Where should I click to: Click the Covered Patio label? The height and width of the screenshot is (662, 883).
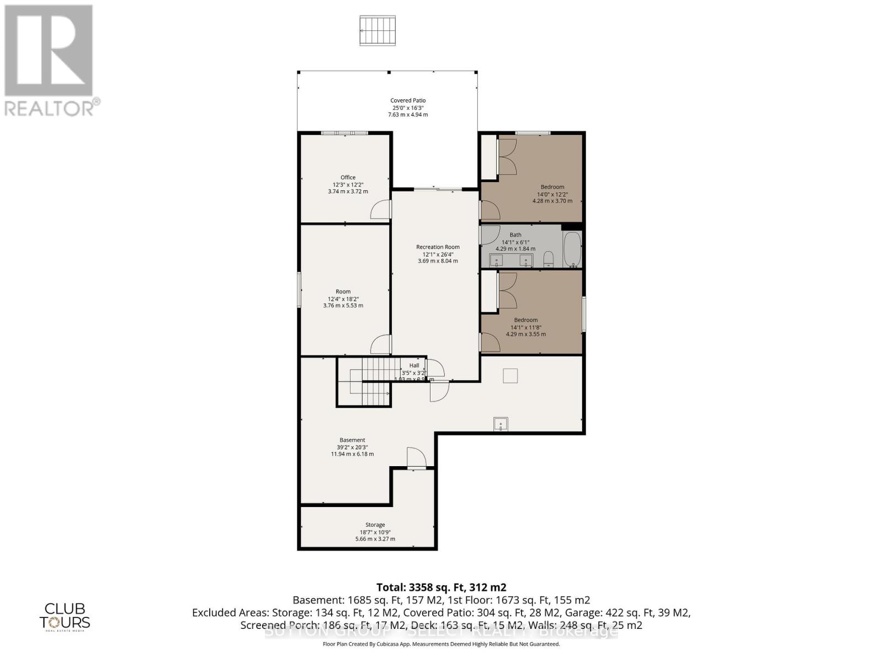pos(408,101)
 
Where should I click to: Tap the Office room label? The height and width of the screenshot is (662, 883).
pos(348,178)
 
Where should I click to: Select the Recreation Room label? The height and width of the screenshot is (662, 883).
pos(438,247)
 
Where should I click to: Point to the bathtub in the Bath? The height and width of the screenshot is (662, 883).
pos(572,249)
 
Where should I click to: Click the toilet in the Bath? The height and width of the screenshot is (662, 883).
pos(549,259)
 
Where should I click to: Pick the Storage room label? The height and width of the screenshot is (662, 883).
pos(375,525)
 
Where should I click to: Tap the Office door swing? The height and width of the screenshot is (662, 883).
pos(380,210)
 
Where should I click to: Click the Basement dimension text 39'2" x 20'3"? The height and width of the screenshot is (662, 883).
pos(352,447)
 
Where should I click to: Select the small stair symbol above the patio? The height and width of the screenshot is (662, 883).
pos(378,31)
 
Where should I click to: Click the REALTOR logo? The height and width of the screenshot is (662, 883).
pos(50,61)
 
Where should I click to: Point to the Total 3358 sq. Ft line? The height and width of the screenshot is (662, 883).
pos(441,588)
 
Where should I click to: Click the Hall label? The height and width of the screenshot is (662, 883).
pos(414,366)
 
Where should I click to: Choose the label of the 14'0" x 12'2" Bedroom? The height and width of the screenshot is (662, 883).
pos(552,187)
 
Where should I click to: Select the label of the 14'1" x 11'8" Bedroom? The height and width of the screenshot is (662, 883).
pos(525,320)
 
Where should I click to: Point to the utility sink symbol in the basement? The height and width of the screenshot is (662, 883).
pos(501,424)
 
